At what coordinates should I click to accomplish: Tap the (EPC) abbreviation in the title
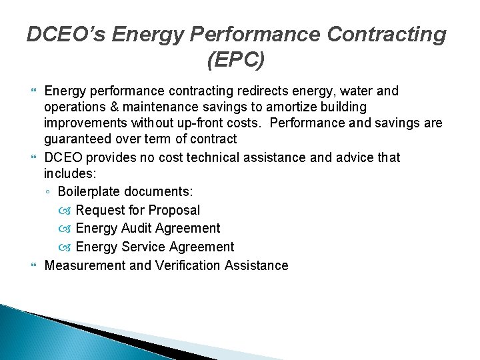(236, 60)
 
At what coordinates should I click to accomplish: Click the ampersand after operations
(106, 107)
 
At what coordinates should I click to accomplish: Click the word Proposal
(174, 210)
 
